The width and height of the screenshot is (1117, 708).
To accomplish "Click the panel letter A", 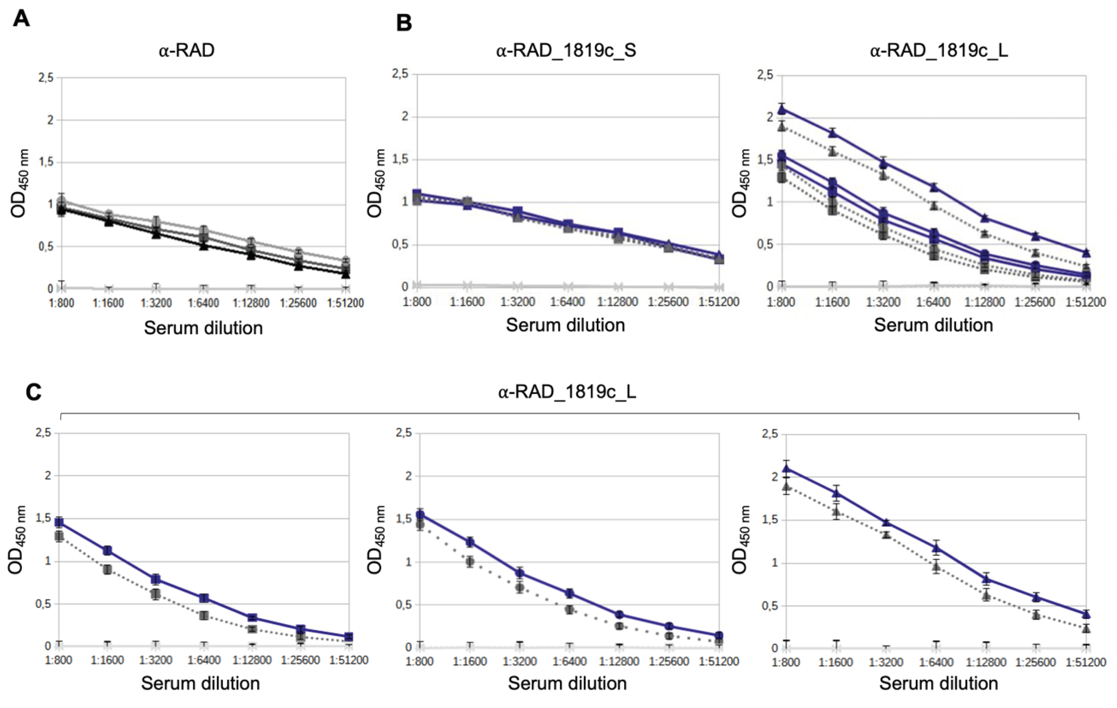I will tap(21, 19).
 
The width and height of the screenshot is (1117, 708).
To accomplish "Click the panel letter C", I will tap(34, 392).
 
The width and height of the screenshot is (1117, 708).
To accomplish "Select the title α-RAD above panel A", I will tap(186, 50).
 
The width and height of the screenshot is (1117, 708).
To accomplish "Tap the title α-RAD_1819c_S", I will tap(566, 50).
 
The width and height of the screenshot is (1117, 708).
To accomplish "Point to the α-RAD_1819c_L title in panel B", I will tap(939, 50).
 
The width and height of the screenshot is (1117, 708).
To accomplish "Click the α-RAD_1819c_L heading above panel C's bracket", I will tap(567, 392).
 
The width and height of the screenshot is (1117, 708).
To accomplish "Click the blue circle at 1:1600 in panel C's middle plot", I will tap(470, 542).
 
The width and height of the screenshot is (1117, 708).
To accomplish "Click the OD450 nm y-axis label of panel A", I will tap(19, 183).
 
